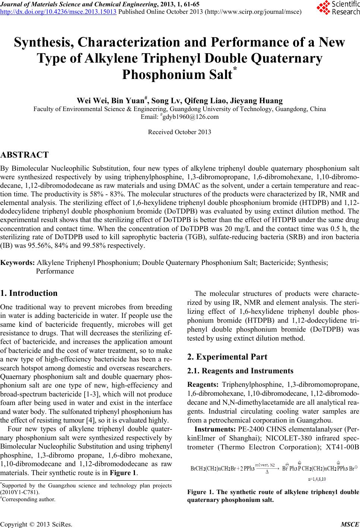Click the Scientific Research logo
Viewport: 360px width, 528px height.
337,8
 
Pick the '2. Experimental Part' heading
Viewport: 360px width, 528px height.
227,357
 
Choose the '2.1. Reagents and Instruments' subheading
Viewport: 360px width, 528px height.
240,371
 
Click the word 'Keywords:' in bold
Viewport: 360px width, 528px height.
18,263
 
